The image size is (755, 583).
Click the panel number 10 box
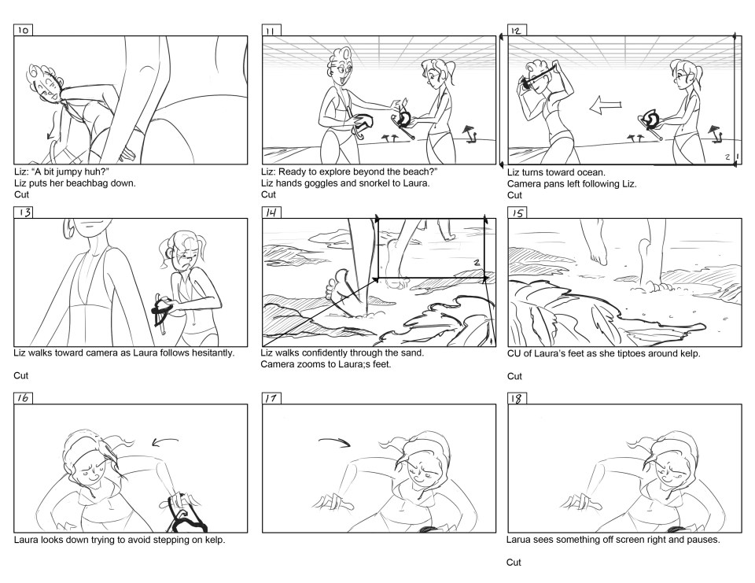click(x=23, y=31)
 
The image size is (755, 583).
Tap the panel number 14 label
click(x=271, y=212)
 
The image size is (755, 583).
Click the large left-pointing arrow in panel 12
click(x=606, y=105)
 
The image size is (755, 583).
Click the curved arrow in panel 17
click(x=335, y=442)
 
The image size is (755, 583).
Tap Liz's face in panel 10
click(x=49, y=87)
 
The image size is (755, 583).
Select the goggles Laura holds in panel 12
click(x=653, y=121)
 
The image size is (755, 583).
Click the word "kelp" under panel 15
click(x=690, y=353)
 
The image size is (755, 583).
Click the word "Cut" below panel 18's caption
click(x=514, y=563)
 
